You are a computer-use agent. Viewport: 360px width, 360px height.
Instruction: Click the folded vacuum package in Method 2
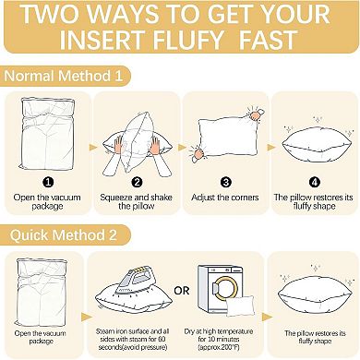click(x=43, y=286)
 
